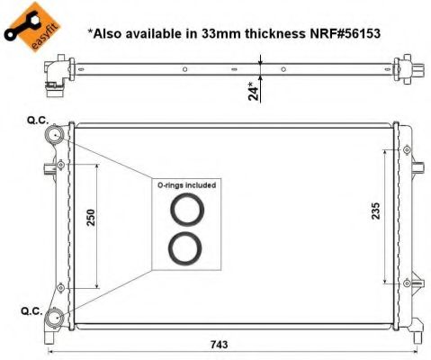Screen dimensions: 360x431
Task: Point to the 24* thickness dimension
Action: point(255,90)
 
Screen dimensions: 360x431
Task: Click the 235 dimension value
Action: point(376,210)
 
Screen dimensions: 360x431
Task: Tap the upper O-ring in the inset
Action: point(187,211)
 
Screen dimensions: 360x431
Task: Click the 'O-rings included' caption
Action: point(187,184)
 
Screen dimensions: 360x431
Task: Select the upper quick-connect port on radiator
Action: point(57,135)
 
